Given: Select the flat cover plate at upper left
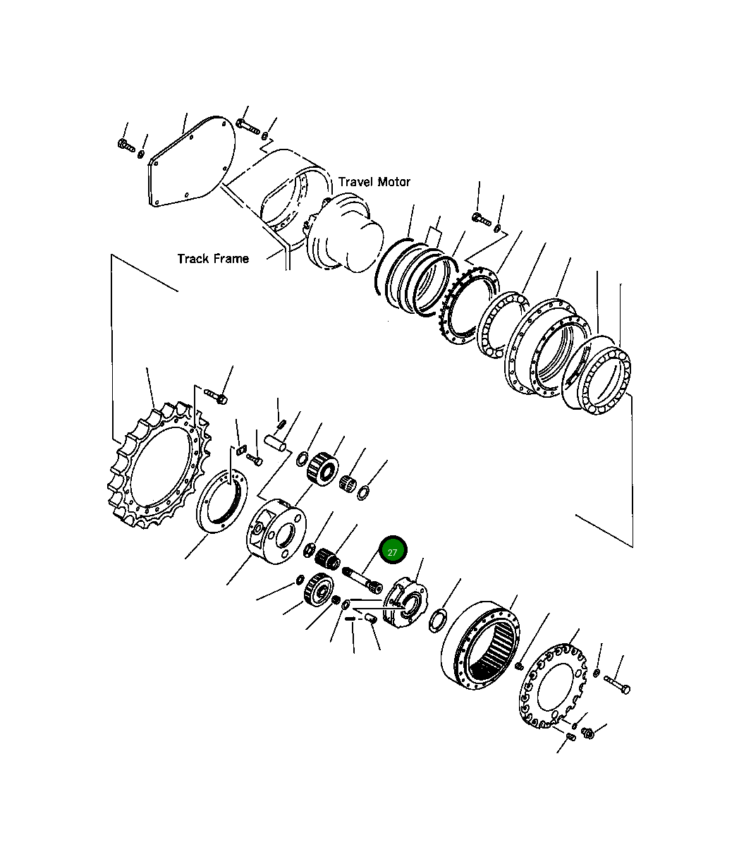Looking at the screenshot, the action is coord(192,162).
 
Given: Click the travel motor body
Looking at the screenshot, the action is coord(343,233).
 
